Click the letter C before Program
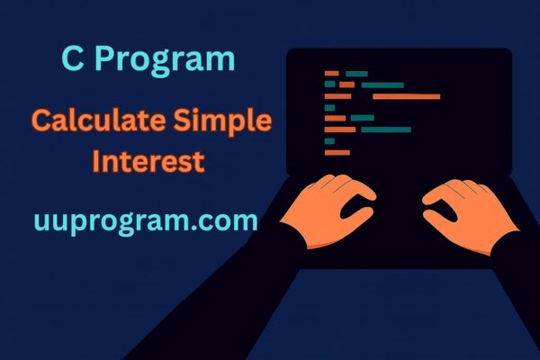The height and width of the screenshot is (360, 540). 74,59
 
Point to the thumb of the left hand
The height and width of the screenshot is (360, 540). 364,193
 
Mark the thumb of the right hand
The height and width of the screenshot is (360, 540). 432,195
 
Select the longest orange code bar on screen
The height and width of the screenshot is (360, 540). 406,95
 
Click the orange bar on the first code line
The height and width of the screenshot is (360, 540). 331,73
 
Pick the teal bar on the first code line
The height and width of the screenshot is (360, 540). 356,73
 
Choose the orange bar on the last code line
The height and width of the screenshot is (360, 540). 337,152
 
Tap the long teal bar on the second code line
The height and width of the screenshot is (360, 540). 382,85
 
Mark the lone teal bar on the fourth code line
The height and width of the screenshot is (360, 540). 329,107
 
